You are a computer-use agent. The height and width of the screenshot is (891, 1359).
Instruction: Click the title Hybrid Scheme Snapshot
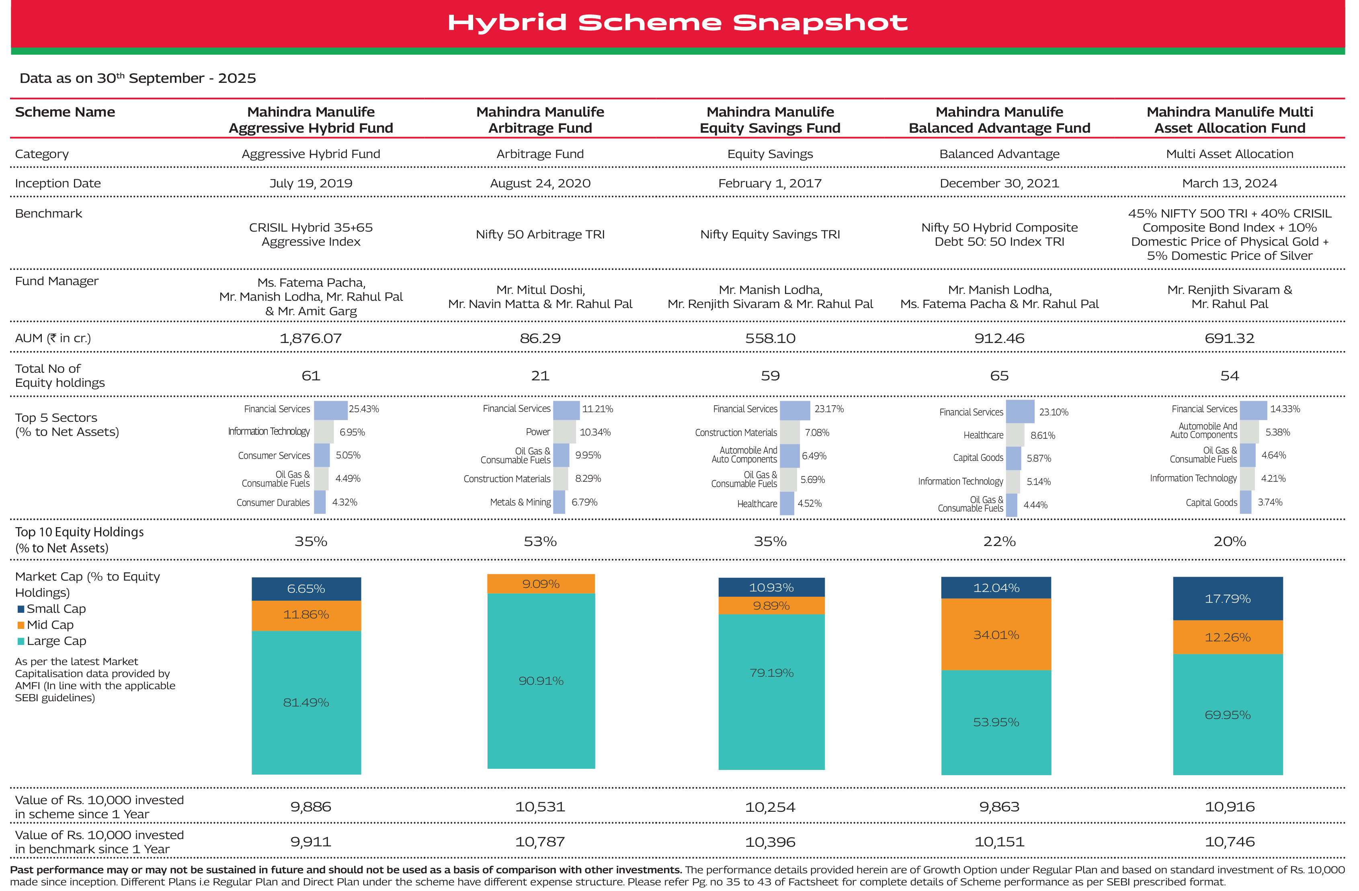677,23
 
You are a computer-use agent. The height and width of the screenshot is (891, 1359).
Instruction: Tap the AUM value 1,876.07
311,338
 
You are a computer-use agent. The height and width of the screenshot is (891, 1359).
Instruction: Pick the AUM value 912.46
999,338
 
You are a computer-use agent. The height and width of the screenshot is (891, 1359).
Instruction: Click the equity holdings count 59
770,376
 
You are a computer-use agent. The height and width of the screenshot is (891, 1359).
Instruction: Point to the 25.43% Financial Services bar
331,410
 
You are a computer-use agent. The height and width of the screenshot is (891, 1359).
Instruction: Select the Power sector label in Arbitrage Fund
538,432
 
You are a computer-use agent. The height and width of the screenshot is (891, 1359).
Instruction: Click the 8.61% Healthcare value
1042,435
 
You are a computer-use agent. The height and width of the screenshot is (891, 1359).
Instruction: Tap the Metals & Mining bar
559,502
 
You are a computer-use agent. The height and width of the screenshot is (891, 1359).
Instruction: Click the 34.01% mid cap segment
996,634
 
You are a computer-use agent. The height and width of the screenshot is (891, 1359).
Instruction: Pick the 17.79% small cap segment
1227,599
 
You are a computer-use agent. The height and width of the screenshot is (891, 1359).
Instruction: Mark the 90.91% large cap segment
541,681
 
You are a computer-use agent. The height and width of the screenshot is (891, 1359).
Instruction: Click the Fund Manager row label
57,281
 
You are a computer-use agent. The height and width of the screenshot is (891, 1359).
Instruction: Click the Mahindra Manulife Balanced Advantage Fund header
999,120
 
